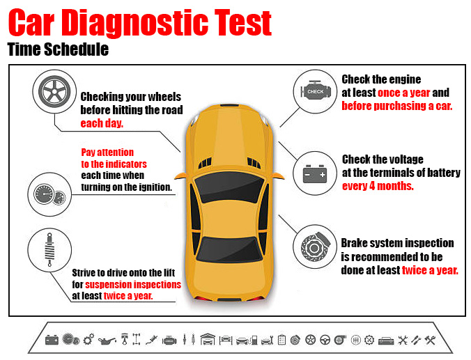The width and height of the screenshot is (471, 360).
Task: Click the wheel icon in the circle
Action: pos(54,92)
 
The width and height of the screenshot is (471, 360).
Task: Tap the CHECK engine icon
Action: pos(316,91)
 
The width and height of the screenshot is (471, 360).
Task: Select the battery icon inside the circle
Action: pos(315,174)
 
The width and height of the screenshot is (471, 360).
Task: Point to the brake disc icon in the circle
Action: pos(316,246)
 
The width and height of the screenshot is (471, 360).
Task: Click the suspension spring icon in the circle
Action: pos(49,250)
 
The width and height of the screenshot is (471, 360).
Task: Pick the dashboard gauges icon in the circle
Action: pos(49,194)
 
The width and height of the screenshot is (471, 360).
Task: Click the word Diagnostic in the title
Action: pos(137,23)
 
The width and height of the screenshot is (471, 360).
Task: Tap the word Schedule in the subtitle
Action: pos(77,49)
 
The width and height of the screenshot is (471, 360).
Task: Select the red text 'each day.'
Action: pos(102,123)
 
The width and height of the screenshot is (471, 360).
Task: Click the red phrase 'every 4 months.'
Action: pos(378,186)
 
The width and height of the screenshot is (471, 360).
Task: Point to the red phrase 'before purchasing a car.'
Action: pos(397,106)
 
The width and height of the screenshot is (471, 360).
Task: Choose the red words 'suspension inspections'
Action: pos(133,284)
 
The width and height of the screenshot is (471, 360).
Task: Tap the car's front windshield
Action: pos(229,187)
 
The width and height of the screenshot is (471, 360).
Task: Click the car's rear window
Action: pos(229,249)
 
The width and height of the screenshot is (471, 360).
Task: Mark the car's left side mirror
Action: pos(180,176)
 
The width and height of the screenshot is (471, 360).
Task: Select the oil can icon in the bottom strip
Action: pos(107,341)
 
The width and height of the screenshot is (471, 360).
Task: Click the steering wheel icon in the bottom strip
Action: pos(325,340)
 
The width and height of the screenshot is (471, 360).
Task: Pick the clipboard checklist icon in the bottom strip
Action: pos(281,340)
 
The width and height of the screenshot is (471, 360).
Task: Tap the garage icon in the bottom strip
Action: pos(208,339)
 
